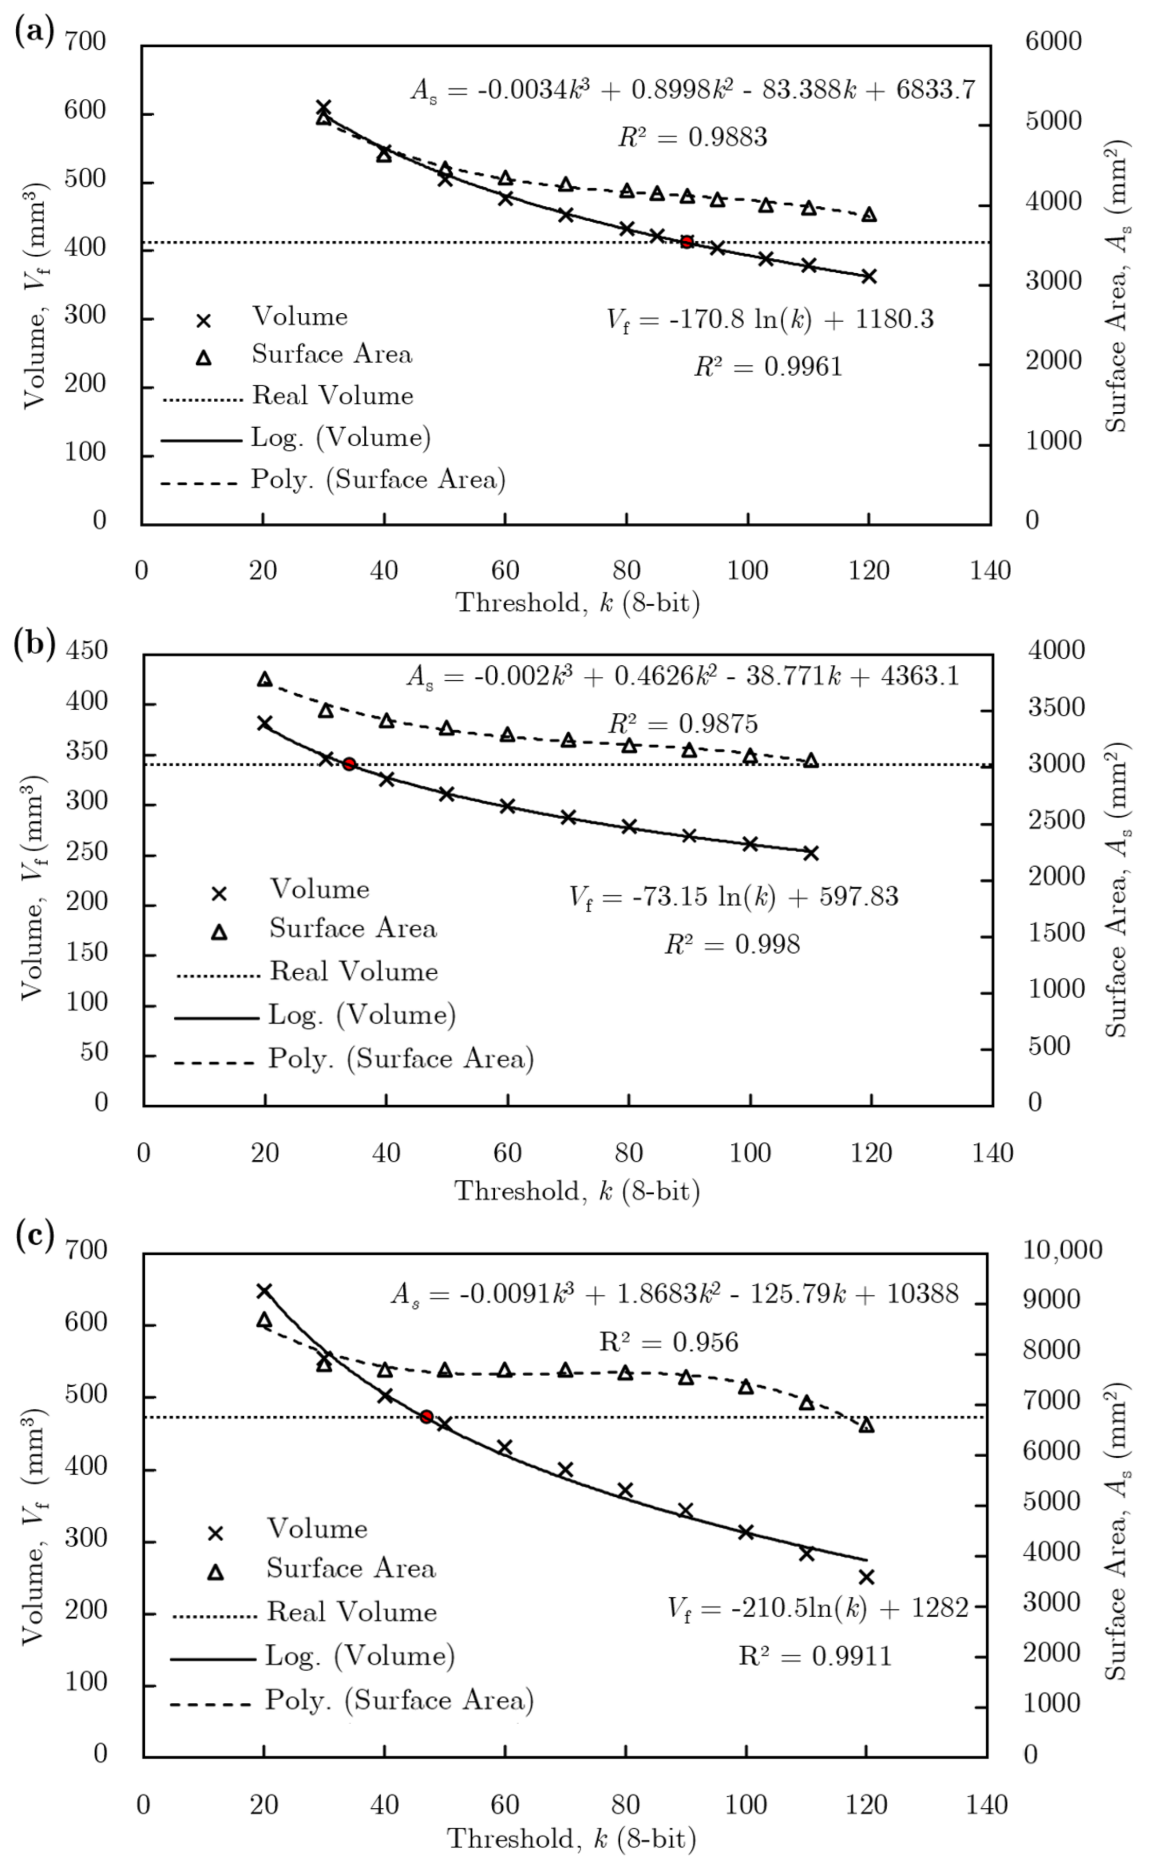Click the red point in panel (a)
click(x=687, y=242)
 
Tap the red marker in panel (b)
click(x=349, y=764)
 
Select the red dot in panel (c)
click(x=427, y=1417)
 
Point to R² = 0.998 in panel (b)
click(x=732, y=945)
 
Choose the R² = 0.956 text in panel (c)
click(x=669, y=1342)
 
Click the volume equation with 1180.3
click(x=770, y=319)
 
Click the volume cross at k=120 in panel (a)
click(x=868, y=276)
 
